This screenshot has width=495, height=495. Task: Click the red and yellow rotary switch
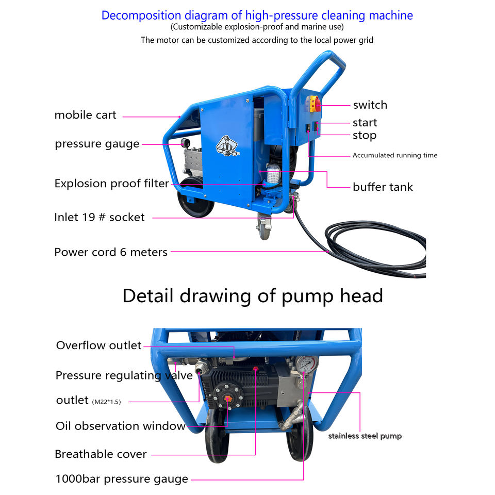[x=314, y=104]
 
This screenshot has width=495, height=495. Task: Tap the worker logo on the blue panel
[x=227, y=146]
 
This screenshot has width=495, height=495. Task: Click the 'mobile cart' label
[x=85, y=115]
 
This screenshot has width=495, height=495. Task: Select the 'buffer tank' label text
[x=383, y=187]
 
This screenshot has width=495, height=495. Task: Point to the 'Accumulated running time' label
[x=395, y=155]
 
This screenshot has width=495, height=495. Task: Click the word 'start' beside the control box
[x=365, y=123]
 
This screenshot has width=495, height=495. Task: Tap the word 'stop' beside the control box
[x=365, y=136]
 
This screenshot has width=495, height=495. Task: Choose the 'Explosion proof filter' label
[x=112, y=184]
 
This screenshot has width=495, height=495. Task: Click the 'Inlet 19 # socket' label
[x=100, y=217]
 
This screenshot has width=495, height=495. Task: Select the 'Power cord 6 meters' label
[x=111, y=252]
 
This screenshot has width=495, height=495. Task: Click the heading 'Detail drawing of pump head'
[x=253, y=296]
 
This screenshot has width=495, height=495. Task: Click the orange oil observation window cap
[x=227, y=399]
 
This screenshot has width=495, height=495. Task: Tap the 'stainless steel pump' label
[x=365, y=436]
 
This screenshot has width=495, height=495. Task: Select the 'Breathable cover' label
[x=101, y=454]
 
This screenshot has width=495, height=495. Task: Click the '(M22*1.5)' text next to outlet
[x=106, y=402]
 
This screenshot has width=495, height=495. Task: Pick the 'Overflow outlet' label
[x=98, y=345]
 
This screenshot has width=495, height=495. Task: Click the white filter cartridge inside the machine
[x=273, y=174]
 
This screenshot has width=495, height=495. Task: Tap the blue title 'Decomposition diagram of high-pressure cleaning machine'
[x=257, y=15]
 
